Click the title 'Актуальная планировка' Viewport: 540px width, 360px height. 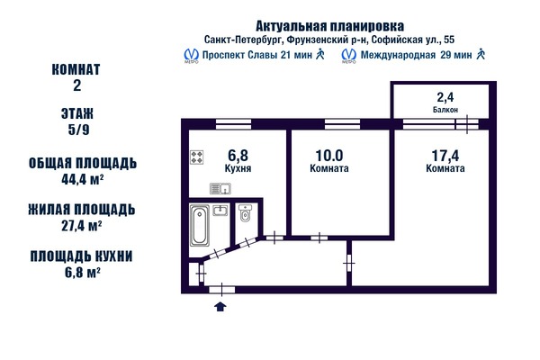point(336,25)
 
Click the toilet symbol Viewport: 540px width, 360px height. point(245,216)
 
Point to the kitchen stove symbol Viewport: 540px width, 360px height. point(197,158)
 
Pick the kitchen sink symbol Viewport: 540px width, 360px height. point(220,188)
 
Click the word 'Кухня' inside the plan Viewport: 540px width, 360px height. point(238,168)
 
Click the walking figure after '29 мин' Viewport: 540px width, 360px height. point(482,55)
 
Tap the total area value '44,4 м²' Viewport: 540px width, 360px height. point(82,178)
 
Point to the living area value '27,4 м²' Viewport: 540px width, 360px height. point(82,225)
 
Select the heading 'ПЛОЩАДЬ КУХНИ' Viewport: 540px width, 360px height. point(82,256)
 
